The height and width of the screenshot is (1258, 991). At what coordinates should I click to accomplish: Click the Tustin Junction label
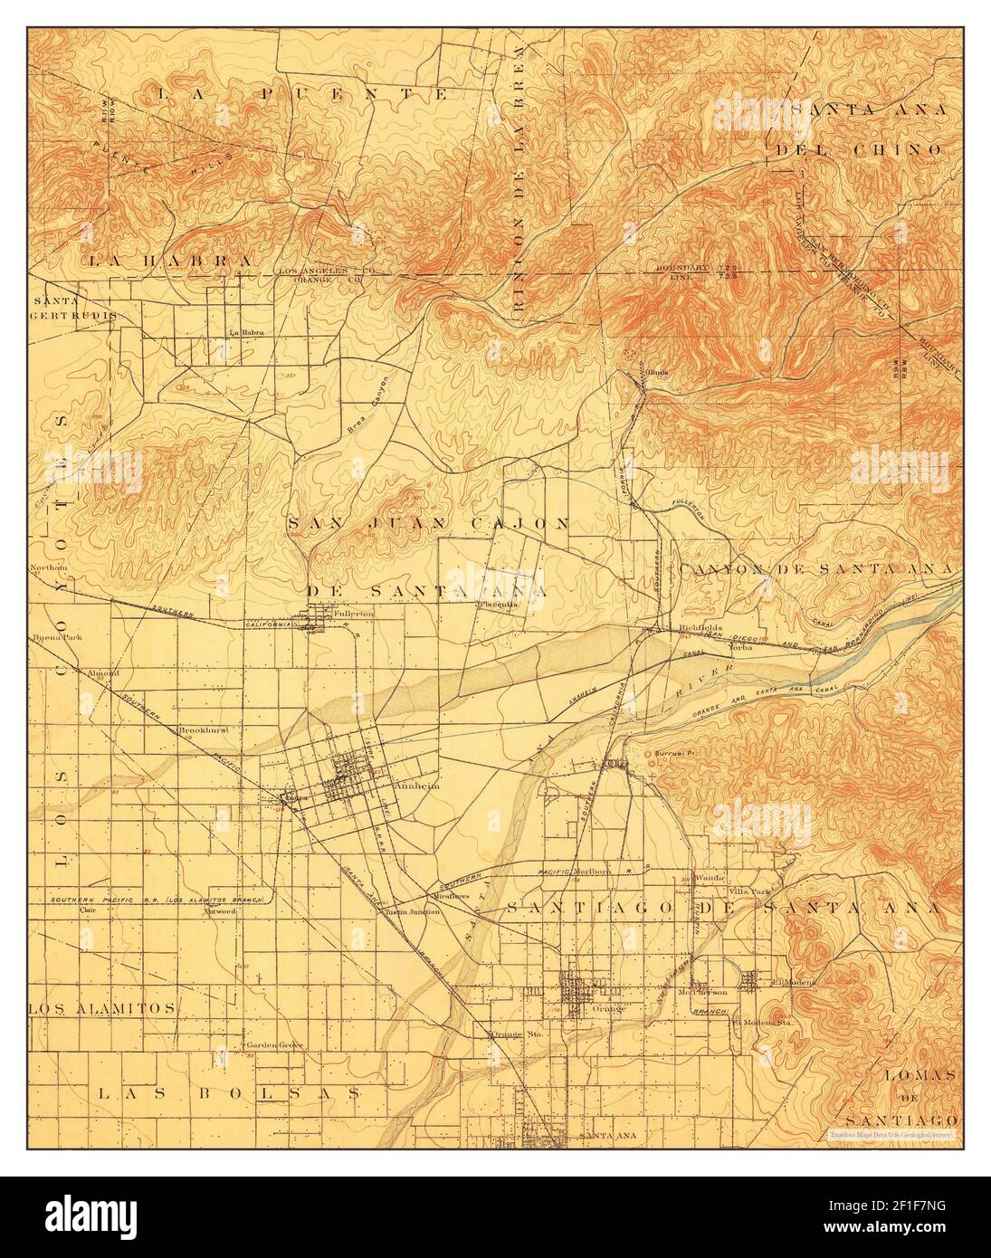tap(413, 911)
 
